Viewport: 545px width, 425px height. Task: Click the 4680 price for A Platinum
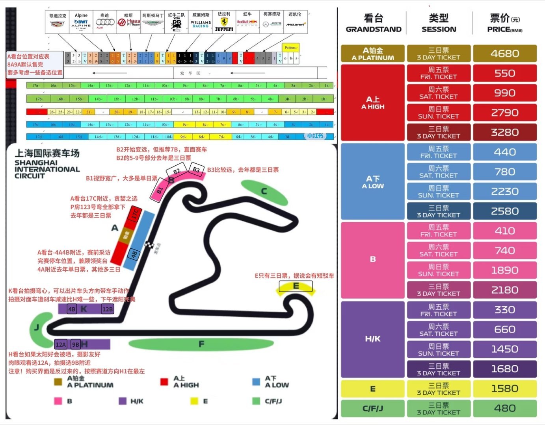coord(505,54)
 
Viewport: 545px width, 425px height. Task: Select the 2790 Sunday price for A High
coord(505,113)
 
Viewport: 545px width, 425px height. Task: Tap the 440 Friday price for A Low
coord(505,152)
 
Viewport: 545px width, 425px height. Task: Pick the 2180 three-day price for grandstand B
coord(505,290)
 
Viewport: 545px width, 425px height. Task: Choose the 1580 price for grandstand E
coord(505,389)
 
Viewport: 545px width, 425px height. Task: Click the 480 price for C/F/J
coord(505,408)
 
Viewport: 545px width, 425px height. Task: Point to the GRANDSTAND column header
coord(374,23)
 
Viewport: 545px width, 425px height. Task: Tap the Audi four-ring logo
coord(105,22)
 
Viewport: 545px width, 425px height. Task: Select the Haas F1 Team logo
coord(129,22)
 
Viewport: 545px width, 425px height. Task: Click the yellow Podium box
coord(290,48)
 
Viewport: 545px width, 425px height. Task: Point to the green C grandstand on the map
coord(264,192)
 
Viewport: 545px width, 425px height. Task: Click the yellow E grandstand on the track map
coord(296,287)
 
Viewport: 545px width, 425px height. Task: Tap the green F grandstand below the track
coord(201,344)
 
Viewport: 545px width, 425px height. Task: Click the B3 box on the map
coord(196,169)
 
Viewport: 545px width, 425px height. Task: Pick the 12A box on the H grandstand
coord(61,344)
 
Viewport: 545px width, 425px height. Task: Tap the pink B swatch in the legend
coord(58,401)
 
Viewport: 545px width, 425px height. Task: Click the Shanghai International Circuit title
coord(47,164)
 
